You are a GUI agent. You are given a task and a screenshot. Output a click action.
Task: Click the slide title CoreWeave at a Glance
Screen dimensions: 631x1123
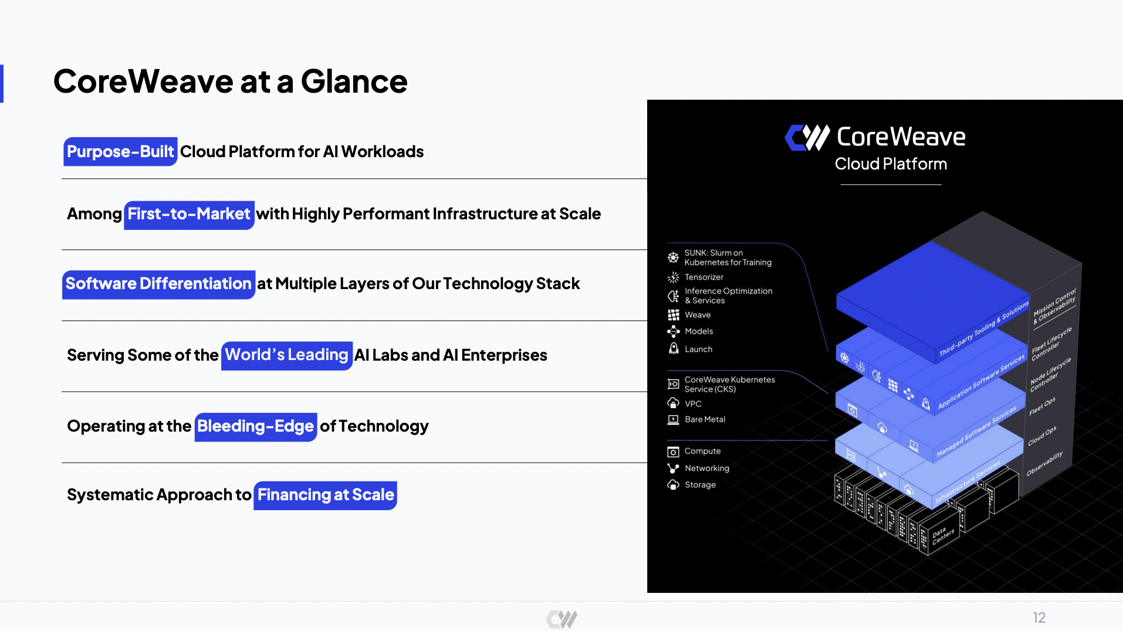click(x=230, y=82)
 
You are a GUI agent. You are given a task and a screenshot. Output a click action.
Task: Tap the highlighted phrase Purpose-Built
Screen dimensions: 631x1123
click(x=120, y=152)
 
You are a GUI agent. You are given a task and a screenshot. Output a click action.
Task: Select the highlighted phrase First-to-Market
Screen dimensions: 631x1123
click(x=189, y=214)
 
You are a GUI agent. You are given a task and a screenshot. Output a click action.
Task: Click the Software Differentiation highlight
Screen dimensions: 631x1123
click(x=158, y=284)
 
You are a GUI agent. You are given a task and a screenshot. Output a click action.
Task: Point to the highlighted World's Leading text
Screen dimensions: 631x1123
click(x=286, y=355)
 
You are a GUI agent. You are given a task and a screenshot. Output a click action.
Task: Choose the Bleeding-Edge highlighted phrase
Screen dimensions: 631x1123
click(x=255, y=426)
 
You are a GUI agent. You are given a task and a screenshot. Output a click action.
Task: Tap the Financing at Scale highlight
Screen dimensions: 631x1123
click(x=325, y=495)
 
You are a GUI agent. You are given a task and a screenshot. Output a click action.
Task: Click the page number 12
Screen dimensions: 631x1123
click(x=1039, y=618)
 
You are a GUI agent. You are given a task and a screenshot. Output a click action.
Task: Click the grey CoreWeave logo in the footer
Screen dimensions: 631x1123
click(x=561, y=619)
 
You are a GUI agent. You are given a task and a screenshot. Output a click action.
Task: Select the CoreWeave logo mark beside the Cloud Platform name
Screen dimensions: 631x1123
click(x=807, y=138)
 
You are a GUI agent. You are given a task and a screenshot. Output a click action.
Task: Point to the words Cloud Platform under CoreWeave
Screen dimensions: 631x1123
click(x=890, y=164)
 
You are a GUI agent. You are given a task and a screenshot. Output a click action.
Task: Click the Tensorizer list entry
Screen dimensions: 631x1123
click(x=703, y=277)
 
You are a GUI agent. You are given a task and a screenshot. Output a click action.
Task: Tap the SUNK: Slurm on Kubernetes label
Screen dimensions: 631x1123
click(x=727, y=258)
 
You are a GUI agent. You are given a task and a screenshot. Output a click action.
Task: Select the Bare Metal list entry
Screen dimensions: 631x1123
click(x=705, y=420)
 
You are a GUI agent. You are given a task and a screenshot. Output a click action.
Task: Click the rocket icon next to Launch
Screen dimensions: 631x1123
click(x=674, y=349)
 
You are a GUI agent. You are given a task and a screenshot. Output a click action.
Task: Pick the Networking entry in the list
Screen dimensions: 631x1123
click(x=706, y=469)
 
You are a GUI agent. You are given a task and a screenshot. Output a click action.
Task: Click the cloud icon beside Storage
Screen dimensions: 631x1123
click(x=673, y=485)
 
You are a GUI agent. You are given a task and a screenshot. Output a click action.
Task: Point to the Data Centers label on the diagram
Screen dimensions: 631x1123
click(x=942, y=535)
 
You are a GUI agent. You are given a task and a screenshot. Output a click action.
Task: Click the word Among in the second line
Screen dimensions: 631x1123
click(x=94, y=214)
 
